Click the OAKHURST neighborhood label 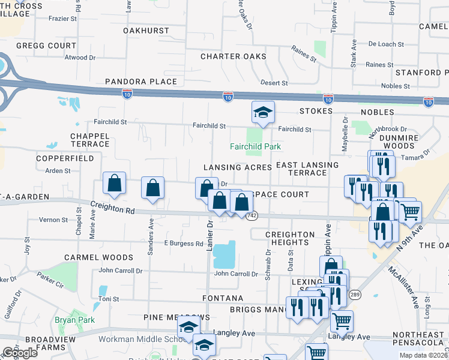tap(146, 30)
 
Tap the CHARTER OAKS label tap(234, 57)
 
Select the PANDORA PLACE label tap(141, 82)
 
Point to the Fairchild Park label tap(256, 146)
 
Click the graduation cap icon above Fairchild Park tap(262, 112)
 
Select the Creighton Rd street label tap(112, 208)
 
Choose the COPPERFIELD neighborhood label tap(65, 158)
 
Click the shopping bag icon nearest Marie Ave tap(114, 185)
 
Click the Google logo tap(20, 353)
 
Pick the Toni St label tap(109, 299)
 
